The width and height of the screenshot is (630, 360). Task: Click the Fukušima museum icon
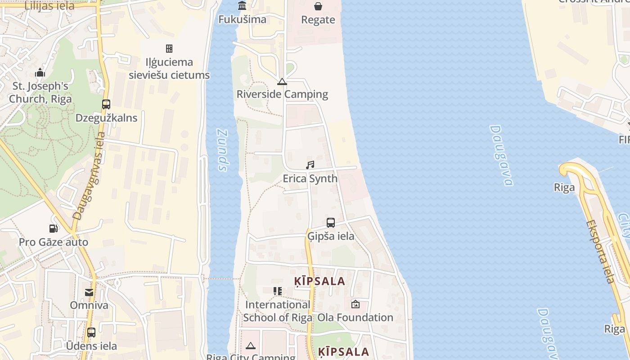tap(242, 6)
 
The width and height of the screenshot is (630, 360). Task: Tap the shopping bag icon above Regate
tap(318, 6)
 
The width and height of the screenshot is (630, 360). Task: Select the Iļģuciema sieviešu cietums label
tap(169, 68)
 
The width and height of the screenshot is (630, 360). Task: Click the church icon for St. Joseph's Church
tap(40, 72)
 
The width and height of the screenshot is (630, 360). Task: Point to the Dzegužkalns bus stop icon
tap(106, 104)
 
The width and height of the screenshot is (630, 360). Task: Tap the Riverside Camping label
tap(282, 94)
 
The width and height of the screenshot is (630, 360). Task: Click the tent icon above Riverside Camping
tap(282, 81)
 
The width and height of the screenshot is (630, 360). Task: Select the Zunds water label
tap(223, 150)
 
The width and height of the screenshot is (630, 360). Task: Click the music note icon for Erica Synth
tap(310, 165)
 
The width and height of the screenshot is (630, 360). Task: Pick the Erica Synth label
tap(310, 179)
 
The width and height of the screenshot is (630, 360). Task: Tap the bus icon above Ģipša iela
tap(331, 223)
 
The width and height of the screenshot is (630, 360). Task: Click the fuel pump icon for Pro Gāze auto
tap(54, 229)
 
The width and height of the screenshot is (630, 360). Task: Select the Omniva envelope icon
tap(89, 292)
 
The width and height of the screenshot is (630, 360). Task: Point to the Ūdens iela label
tap(91, 346)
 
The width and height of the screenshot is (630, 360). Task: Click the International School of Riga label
tap(278, 311)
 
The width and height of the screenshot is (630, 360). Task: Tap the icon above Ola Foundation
tap(355, 304)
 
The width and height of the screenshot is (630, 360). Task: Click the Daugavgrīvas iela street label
tap(89, 176)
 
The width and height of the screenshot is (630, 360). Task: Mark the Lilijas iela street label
tap(49, 6)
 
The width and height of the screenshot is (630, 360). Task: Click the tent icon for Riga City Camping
tap(251, 346)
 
